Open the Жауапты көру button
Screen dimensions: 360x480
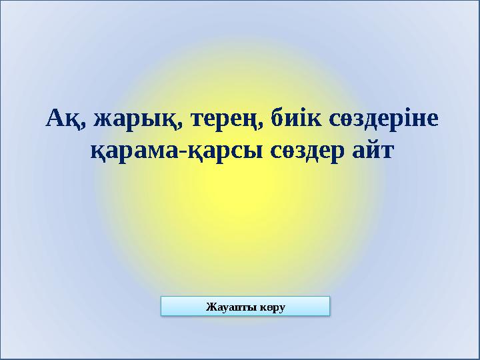click(x=246, y=307)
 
